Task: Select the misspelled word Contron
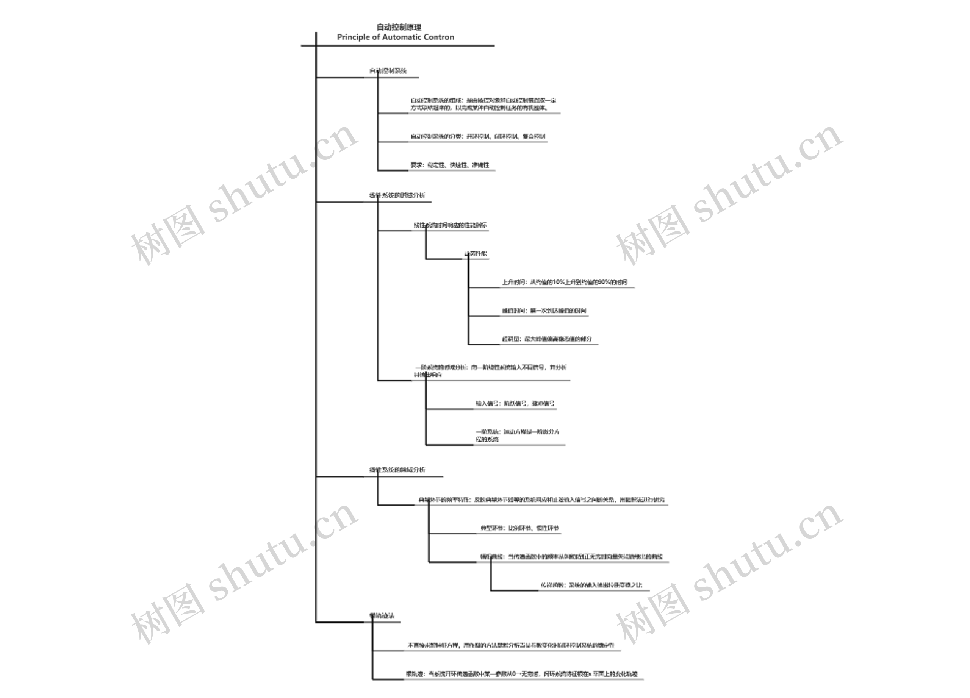tap(439, 37)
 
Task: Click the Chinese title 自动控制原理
tap(399, 27)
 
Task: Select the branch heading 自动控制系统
tap(388, 71)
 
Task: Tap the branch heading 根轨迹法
tap(382, 616)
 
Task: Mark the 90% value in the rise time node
tap(604, 282)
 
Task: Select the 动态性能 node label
tap(476, 253)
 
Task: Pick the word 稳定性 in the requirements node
tap(436, 165)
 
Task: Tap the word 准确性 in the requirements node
tap(481, 165)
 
